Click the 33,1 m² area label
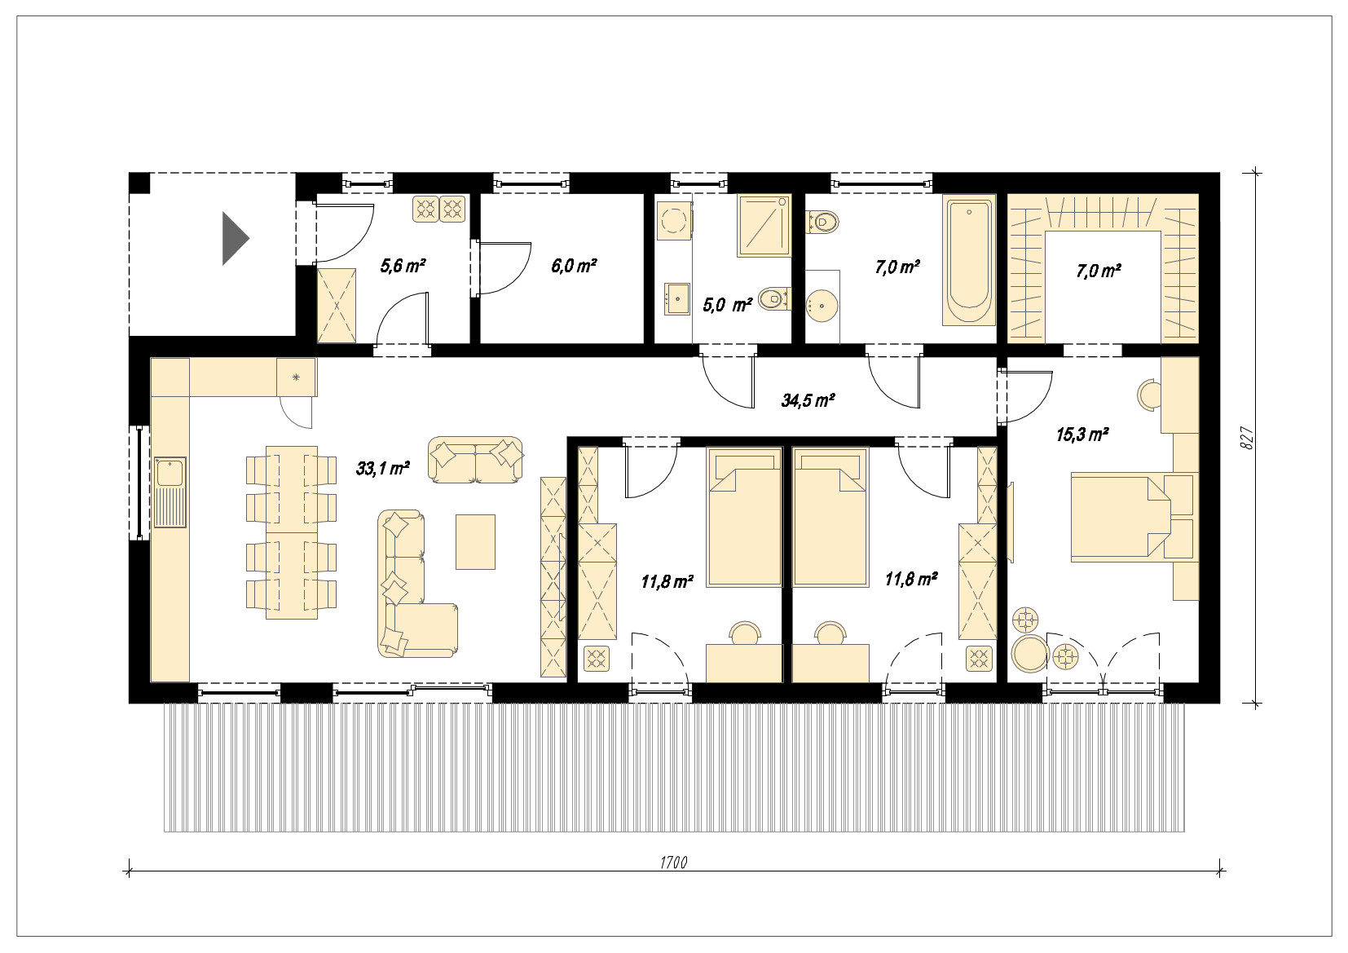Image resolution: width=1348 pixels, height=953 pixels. (x=383, y=468)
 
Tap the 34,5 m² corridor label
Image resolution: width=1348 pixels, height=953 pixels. (x=808, y=400)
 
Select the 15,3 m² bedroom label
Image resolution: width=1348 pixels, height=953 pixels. (x=1082, y=434)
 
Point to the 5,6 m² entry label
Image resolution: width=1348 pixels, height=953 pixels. (x=403, y=266)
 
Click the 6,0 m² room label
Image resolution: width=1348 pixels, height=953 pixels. (x=574, y=266)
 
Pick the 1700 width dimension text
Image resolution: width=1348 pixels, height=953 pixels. (x=673, y=863)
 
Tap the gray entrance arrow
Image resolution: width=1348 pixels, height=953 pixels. (x=236, y=238)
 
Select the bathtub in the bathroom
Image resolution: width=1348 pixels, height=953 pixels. (x=968, y=260)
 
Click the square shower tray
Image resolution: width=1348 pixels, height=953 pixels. (x=764, y=226)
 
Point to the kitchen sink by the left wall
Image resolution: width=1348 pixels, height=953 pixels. (x=170, y=492)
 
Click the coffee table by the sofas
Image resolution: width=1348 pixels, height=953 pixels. (x=475, y=542)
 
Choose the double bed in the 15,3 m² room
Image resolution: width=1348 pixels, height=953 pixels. (x=1121, y=517)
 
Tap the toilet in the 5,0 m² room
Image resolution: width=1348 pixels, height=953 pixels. (x=774, y=298)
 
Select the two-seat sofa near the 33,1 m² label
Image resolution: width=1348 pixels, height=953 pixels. (x=475, y=460)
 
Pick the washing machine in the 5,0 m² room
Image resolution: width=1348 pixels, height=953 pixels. (x=674, y=221)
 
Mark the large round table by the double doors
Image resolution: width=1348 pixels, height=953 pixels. (x=1030, y=653)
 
